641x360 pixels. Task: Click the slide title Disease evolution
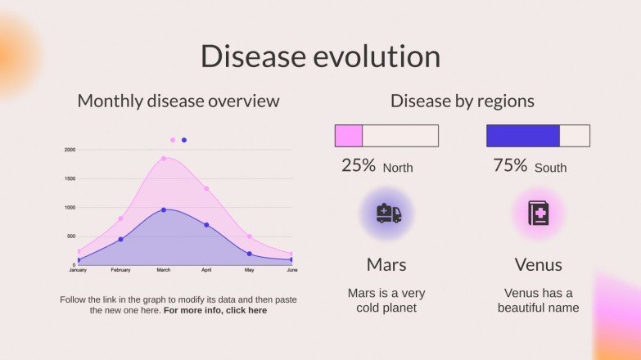coord(320,56)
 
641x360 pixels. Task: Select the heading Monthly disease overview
coord(178,101)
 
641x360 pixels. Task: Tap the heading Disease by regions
coord(463,101)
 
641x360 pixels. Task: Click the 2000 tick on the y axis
coord(70,150)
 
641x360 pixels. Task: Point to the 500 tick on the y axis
coord(70,236)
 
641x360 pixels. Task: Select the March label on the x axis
coord(164,270)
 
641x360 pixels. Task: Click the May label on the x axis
coord(250,270)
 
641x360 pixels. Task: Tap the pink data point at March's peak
coord(164,159)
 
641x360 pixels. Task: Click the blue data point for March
coord(164,210)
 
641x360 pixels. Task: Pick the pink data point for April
coord(206,189)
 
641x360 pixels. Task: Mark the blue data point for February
coord(120,239)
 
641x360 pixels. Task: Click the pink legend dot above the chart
coord(173,140)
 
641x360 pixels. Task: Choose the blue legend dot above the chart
coord(184,140)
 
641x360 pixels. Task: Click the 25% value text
coord(359,166)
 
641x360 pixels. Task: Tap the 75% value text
coord(510,166)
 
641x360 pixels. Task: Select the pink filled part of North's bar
coord(349,136)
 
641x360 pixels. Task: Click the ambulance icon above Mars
coord(388,214)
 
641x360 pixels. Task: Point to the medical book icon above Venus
coord(538,214)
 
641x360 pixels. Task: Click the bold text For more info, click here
coord(215,311)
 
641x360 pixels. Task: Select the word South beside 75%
coord(550,168)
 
